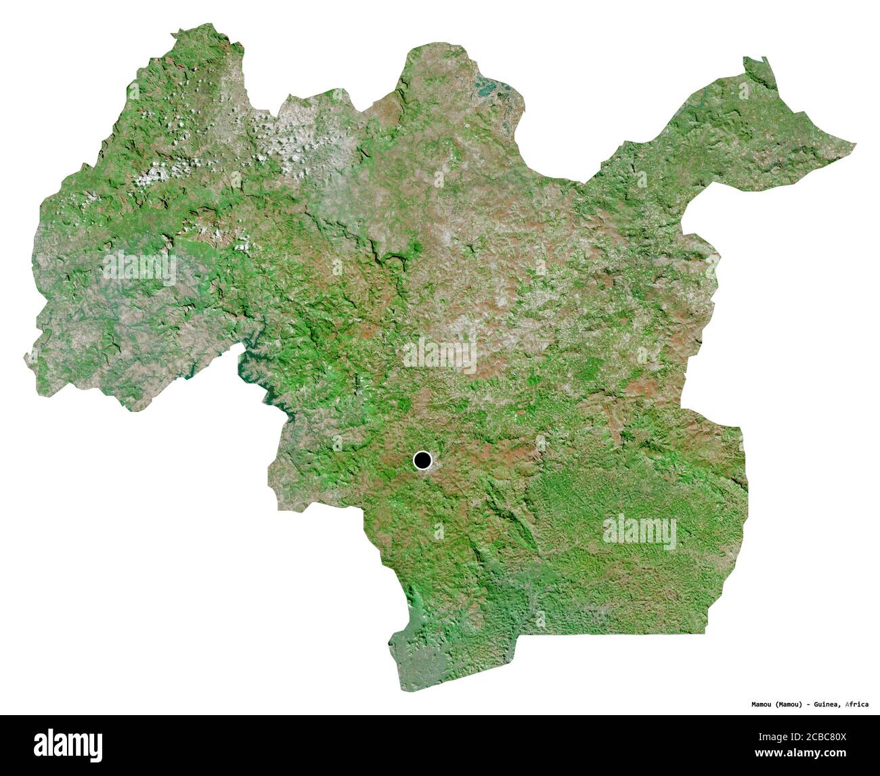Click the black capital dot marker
click(x=422, y=461)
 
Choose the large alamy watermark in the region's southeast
click(x=639, y=532)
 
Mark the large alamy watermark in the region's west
click(x=139, y=268)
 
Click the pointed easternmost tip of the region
click(x=855, y=144)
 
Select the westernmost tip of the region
click(x=25, y=355)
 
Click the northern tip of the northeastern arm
click(x=747, y=59)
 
